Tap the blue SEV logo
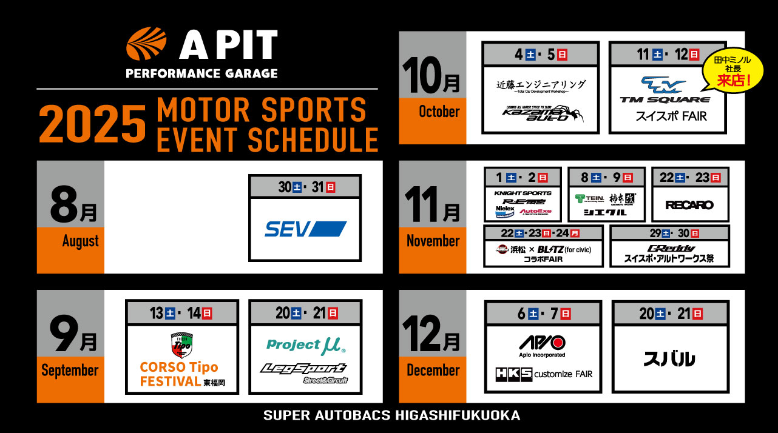[305, 229]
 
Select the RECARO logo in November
[689, 205]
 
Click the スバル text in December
[669, 359]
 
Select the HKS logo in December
[513, 374]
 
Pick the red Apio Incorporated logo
[542, 343]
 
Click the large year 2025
[92, 124]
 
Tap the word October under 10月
[439, 112]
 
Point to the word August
[80, 241]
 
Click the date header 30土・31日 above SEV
[305, 187]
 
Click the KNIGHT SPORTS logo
[523, 193]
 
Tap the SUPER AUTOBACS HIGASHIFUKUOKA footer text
[391, 416]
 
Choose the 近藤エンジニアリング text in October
[541, 84]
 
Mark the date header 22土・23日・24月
[543, 233]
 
